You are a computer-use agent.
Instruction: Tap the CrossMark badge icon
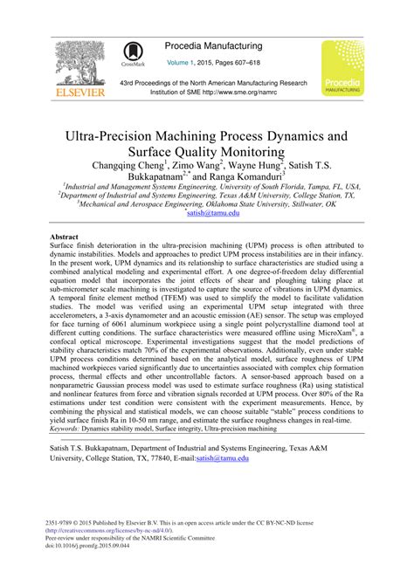click(134, 55)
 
